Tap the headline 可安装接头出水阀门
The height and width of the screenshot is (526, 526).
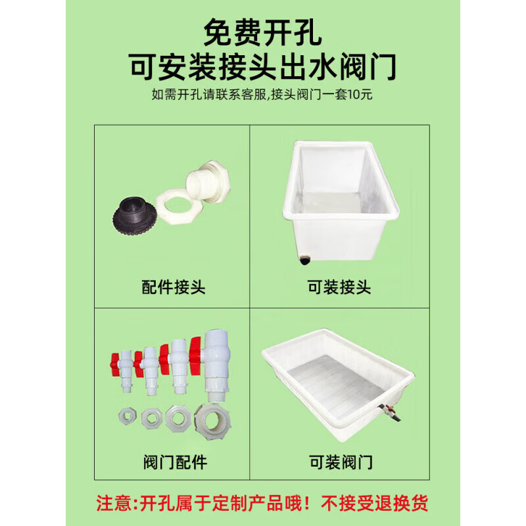tap(263, 66)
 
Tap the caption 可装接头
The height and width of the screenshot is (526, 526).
tap(339, 287)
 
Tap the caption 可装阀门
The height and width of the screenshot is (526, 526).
tap(339, 462)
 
